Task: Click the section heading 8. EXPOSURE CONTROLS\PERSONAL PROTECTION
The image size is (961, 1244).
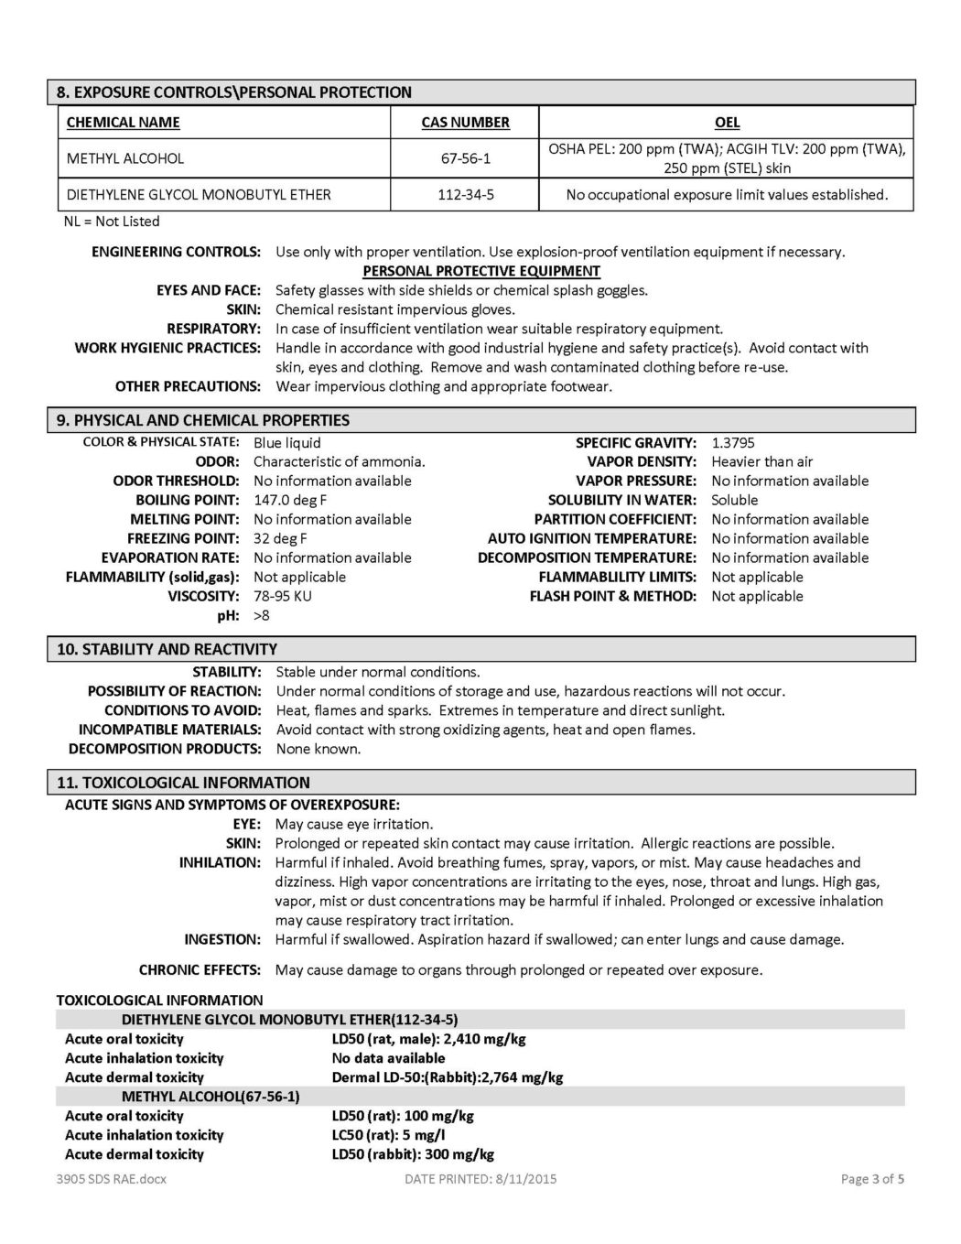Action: coord(234,92)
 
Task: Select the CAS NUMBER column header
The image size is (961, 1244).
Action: coord(465,123)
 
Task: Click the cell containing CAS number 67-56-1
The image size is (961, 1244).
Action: coord(465,158)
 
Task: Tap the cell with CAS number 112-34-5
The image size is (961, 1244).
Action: coord(465,194)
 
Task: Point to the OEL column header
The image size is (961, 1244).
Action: coord(727,123)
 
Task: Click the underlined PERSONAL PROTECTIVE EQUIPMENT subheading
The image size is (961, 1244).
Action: coord(481,271)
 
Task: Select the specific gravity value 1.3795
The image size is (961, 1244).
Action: coord(733,443)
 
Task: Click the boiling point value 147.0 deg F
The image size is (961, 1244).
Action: coord(290,501)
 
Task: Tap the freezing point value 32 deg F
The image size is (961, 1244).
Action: coord(280,539)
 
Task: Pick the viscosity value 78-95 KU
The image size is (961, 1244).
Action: coord(283,597)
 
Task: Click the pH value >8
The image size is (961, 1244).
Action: coord(262,616)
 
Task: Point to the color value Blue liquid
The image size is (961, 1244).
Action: coord(287,443)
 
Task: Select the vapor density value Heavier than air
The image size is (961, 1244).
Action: coord(761,462)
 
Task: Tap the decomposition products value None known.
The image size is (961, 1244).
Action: coord(319,749)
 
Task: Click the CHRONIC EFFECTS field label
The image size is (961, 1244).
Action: coord(200,970)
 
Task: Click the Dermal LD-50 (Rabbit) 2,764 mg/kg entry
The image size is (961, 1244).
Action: coord(448,1077)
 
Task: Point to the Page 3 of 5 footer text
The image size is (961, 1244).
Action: coord(872,1179)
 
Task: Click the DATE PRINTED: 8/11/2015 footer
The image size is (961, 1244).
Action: coord(480,1179)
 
